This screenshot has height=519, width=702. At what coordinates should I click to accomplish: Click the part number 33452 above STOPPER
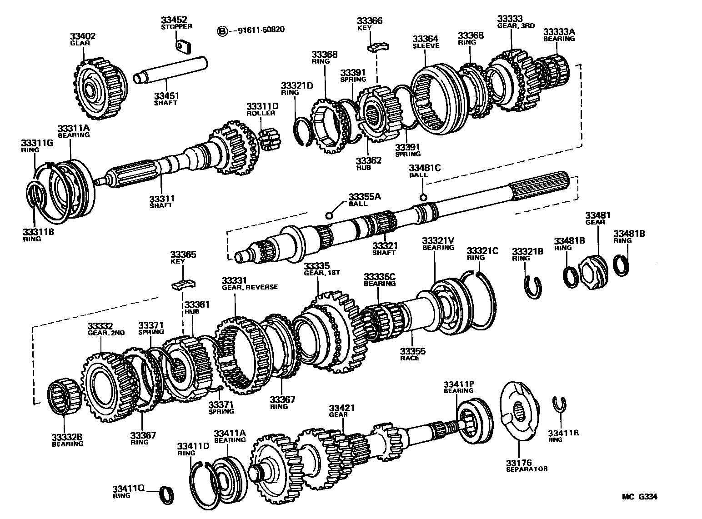tap(174, 20)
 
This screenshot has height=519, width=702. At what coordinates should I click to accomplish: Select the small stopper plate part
tap(184, 45)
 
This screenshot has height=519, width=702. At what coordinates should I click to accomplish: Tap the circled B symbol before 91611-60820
tap(222, 30)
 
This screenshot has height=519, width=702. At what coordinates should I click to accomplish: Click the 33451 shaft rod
tap(170, 70)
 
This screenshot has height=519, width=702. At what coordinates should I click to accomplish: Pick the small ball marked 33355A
tap(330, 215)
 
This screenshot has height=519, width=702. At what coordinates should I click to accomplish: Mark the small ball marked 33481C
tap(423, 197)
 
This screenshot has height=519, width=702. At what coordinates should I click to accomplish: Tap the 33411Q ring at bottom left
tap(165, 494)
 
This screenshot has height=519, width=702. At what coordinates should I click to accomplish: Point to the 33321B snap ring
tap(533, 287)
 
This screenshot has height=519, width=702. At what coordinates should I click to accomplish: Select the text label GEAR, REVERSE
tap(250, 287)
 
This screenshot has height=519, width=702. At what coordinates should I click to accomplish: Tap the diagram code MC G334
tap(639, 497)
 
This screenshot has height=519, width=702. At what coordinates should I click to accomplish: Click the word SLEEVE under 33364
tap(426, 46)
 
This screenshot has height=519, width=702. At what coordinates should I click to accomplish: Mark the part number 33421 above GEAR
tap(341, 408)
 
